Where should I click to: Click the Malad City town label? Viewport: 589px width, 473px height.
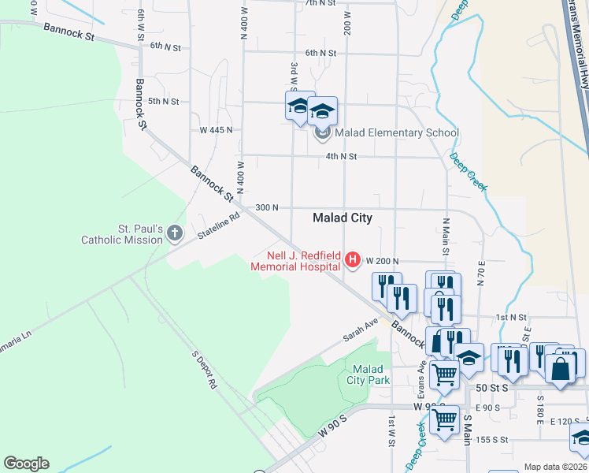click(342, 218)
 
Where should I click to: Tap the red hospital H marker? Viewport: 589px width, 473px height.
click(353, 259)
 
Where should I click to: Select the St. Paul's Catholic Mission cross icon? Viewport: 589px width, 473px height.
click(175, 233)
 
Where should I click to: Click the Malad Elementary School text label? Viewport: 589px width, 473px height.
click(397, 132)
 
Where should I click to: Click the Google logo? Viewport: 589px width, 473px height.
click(26, 464)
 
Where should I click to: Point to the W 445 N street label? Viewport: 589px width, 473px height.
click(216, 129)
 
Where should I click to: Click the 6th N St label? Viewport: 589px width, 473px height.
click(320, 53)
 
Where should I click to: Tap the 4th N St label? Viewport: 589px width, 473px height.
click(342, 157)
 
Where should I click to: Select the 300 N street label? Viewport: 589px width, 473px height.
click(267, 207)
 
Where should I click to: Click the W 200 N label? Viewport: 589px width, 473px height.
click(383, 261)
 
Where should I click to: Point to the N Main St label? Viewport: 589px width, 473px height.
click(446, 236)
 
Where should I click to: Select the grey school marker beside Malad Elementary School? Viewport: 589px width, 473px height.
click(323, 133)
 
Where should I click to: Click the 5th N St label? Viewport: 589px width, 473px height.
click(164, 102)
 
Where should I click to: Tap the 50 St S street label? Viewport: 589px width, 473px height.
click(495, 389)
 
